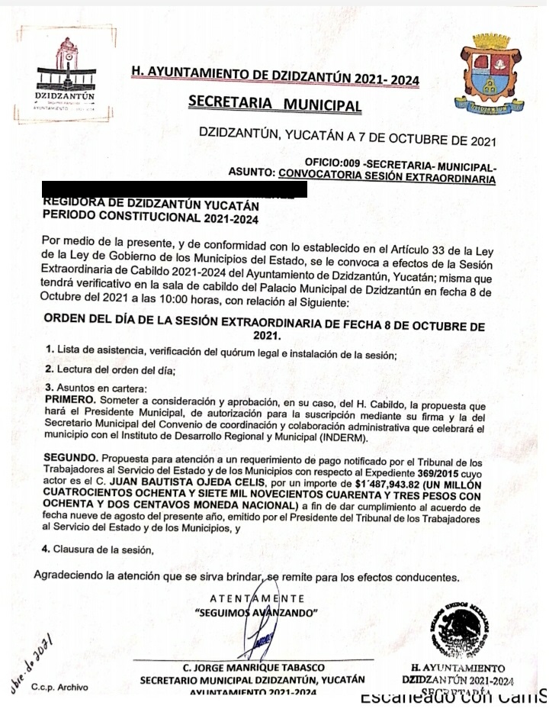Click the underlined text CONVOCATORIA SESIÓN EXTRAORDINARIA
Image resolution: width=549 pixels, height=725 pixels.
pos(387,178)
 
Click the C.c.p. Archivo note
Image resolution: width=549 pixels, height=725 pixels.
pos(59,688)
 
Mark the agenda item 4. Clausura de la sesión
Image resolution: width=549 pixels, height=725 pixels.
pos(98,548)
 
